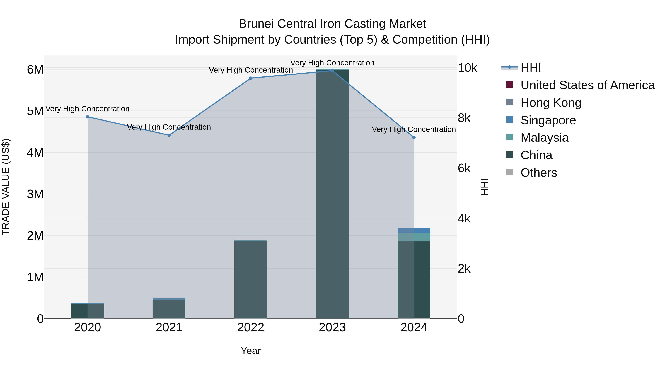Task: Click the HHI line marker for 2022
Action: click(251, 78)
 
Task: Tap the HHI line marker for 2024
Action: click(414, 138)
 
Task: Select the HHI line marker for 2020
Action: click(88, 117)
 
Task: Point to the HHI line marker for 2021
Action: click(169, 135)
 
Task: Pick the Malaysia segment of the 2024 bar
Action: click(414, 237)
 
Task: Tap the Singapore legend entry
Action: click(548, 120)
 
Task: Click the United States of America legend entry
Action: click(587, 85)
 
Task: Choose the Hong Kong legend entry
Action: click(551, 103)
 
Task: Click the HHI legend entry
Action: click(531, 68)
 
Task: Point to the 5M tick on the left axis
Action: click(35, 111)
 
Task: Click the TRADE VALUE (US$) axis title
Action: click(6, 187)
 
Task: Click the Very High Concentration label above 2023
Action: click(332, 63)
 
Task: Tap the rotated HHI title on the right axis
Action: click(484, 187)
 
